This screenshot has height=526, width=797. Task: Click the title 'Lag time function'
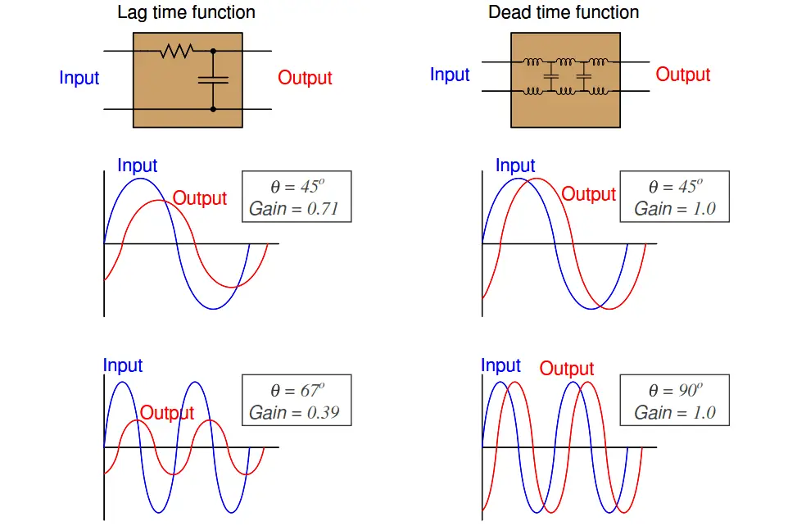186,13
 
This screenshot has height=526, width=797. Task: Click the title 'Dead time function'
564,12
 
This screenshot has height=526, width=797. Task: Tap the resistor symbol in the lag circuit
176,51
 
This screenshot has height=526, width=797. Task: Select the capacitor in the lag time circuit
213,79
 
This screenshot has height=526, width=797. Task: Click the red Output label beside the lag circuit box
305,78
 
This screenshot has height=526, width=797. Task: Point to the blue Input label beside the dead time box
450,75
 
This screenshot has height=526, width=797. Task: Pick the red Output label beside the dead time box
682,75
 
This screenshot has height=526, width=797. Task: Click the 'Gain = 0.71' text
294,209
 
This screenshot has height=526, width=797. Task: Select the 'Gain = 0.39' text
294,412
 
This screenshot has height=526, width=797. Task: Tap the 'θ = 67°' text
297,390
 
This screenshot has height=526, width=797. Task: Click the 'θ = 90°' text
676,390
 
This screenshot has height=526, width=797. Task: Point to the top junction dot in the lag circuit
213,51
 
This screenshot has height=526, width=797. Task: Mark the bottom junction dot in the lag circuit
213,109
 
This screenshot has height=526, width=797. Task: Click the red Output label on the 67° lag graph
167,413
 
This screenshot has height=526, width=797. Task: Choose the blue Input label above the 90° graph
500,366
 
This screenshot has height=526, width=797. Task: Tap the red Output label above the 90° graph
566,369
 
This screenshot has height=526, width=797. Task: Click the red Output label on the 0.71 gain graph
199,198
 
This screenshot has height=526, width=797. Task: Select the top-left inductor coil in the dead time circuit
532,61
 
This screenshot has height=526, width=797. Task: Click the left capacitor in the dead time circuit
550,76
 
